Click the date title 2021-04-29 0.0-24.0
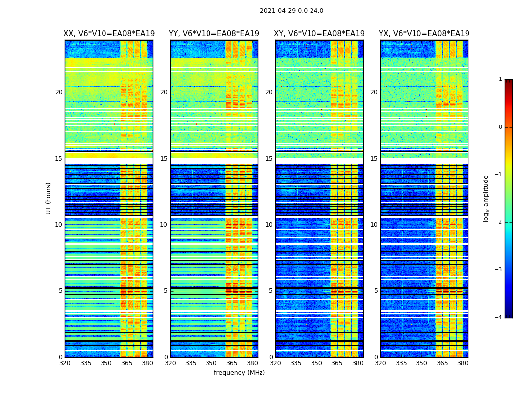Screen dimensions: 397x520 [x=292, y=11]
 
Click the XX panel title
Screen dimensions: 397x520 [x=109, y=34]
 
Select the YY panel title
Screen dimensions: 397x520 [x=214, y=34]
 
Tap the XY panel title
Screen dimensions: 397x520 [x=319, y=34]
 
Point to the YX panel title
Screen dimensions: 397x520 [x=424, y=34]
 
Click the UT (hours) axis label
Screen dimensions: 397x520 [x=49, y=198]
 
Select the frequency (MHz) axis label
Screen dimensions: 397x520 [x=239, y=373]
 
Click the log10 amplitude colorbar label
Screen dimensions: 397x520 [x=486, y=198]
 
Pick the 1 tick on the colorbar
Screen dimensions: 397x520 [x=500, y=79]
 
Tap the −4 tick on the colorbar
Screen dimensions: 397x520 [x=499, y=318]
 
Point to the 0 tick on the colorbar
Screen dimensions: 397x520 [x=500, y=127]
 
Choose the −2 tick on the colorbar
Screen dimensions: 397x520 [x=499, y=222]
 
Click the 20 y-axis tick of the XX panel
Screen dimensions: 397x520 [x=59, y=92]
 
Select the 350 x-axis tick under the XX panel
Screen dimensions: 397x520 [x=106, y=363]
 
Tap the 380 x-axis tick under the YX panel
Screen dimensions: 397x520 [x=463, y=363]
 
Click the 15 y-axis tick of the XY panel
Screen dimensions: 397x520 [x=270, y=159]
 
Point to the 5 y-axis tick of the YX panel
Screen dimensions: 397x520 [x=376, y=291]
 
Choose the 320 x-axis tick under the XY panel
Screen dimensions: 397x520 [x=276, y=363]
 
